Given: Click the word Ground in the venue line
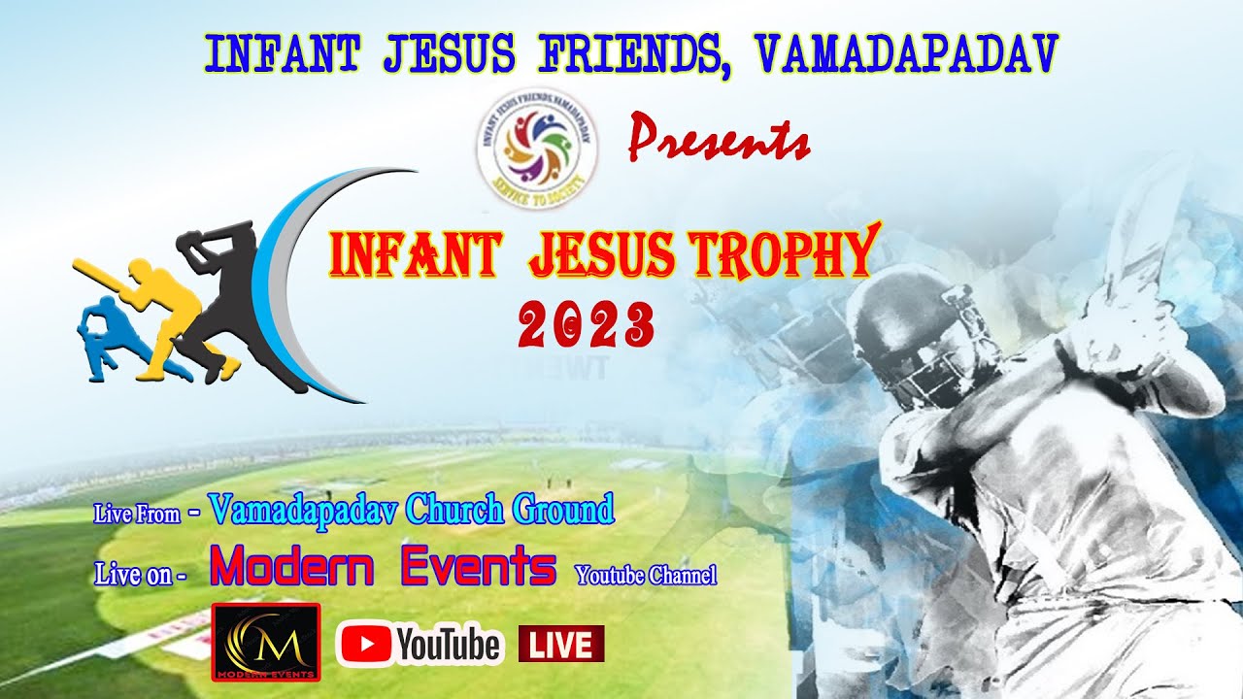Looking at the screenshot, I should tap(562, 508).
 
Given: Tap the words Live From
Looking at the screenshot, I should tap(137, 514).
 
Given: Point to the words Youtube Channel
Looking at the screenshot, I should tap(647, 576).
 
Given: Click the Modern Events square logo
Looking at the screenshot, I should tap(266, 642).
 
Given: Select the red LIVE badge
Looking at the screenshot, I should tap(561, 644).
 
